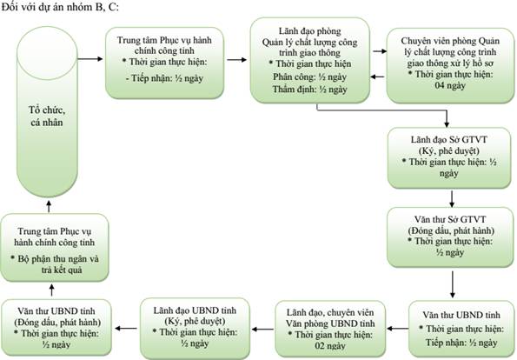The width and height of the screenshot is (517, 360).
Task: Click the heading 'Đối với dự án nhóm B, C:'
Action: [x=60, y=7]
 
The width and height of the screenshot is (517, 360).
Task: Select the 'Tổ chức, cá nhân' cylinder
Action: [x=47, y=112]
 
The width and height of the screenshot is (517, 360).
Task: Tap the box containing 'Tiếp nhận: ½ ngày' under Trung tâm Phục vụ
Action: [x=164, y=63]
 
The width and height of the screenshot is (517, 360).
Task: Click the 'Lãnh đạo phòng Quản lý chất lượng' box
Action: [x=309, y=60]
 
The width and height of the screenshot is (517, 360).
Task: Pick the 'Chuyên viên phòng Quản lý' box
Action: [x=450, y=65]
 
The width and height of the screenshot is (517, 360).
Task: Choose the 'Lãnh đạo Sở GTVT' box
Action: [x=449, y=158]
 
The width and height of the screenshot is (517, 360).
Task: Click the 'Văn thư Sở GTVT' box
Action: [x=450, y=237]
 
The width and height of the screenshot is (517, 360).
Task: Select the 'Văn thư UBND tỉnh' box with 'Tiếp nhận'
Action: [x=461, y=329]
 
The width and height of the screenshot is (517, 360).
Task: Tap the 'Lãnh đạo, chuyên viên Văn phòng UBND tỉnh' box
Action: [x=330, y=329]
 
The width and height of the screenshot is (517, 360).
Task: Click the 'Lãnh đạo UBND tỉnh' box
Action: [x=195, y=328]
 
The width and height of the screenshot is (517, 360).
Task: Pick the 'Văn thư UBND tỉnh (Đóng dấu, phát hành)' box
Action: [x=56, y=328]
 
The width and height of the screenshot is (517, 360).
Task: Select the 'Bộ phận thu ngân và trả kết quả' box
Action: [x=55, y=248]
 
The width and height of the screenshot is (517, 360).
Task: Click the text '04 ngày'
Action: [x=450, y=86]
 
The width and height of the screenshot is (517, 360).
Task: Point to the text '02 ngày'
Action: [x=330, y=346]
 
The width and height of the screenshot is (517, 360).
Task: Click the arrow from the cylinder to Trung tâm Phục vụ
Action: [x=90, y=59]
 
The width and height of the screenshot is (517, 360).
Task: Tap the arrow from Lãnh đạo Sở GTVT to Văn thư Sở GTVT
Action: [x=452, y=198]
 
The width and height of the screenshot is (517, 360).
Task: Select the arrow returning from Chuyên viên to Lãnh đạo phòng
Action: [x=377, y=77]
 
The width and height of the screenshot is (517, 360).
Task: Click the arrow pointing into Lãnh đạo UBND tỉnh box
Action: [x=262, y=329]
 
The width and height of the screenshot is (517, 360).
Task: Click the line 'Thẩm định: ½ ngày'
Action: [x=309, y=90]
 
